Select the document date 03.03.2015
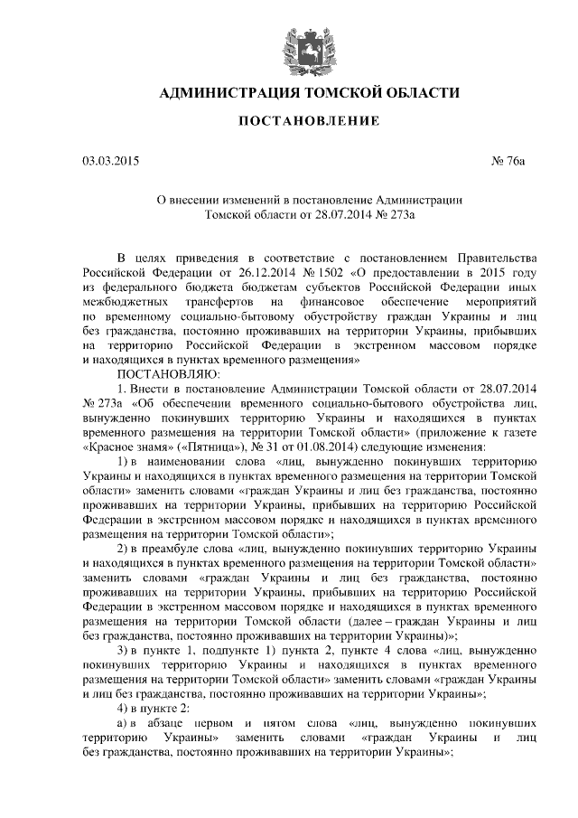pos(112,163)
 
